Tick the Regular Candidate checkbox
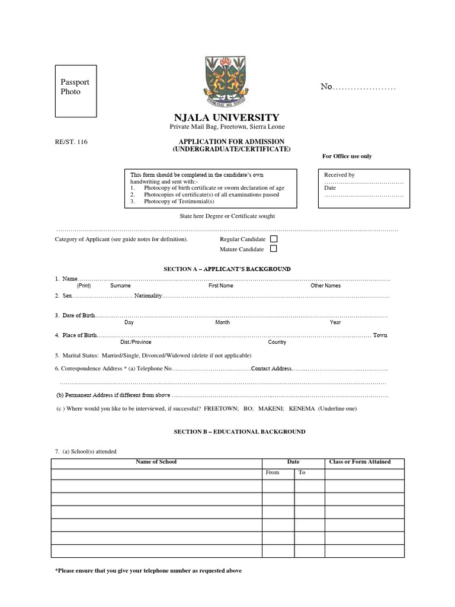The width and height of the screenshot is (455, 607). click(274, 239)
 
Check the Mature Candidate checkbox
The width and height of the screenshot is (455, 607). click(274, 249)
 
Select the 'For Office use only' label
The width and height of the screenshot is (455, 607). click(347, 156)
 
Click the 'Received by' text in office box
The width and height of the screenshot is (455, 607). click(339, 175)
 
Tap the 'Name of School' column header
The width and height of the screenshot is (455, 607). click(156, 462)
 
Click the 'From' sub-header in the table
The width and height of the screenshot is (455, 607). click(272, 472)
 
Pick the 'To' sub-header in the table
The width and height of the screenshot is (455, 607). click(302, 472)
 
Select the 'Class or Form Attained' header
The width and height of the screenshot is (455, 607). click(359, 462)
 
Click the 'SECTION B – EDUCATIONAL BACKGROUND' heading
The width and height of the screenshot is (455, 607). click(239, 432)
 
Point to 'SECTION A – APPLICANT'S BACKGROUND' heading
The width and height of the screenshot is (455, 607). click(227, 269)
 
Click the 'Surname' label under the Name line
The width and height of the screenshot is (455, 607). click(120, 286)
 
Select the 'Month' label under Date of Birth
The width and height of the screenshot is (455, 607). click(222, 322)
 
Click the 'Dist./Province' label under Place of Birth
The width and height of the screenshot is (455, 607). click(136, 342)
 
